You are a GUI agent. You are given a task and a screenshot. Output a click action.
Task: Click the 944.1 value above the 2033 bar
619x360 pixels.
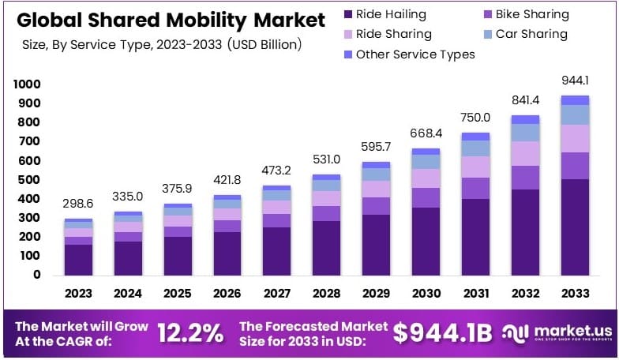point(575,81)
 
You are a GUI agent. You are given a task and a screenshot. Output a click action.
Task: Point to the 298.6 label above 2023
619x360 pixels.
point(78,204)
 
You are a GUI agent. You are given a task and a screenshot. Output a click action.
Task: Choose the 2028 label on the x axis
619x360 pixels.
point(326,294)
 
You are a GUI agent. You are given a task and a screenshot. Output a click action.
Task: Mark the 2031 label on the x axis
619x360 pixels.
point(475,294)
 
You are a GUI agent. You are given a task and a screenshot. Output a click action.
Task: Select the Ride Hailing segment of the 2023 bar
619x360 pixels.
point(78,260)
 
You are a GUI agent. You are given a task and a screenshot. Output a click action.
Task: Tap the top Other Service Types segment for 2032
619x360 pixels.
point(525,120)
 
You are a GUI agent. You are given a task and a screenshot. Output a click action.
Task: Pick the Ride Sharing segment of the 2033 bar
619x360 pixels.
point(575,138)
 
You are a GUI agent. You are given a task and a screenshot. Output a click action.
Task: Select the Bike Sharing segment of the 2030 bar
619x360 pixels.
point(426,197)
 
